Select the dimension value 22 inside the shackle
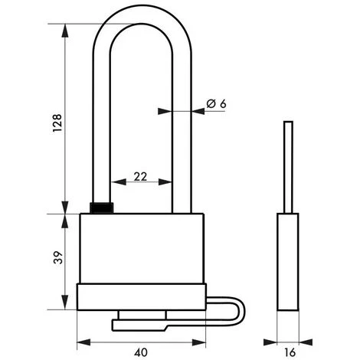[x=140, y=175]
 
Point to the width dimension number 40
[x=139, y=353]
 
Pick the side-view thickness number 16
[x=288, y=353]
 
